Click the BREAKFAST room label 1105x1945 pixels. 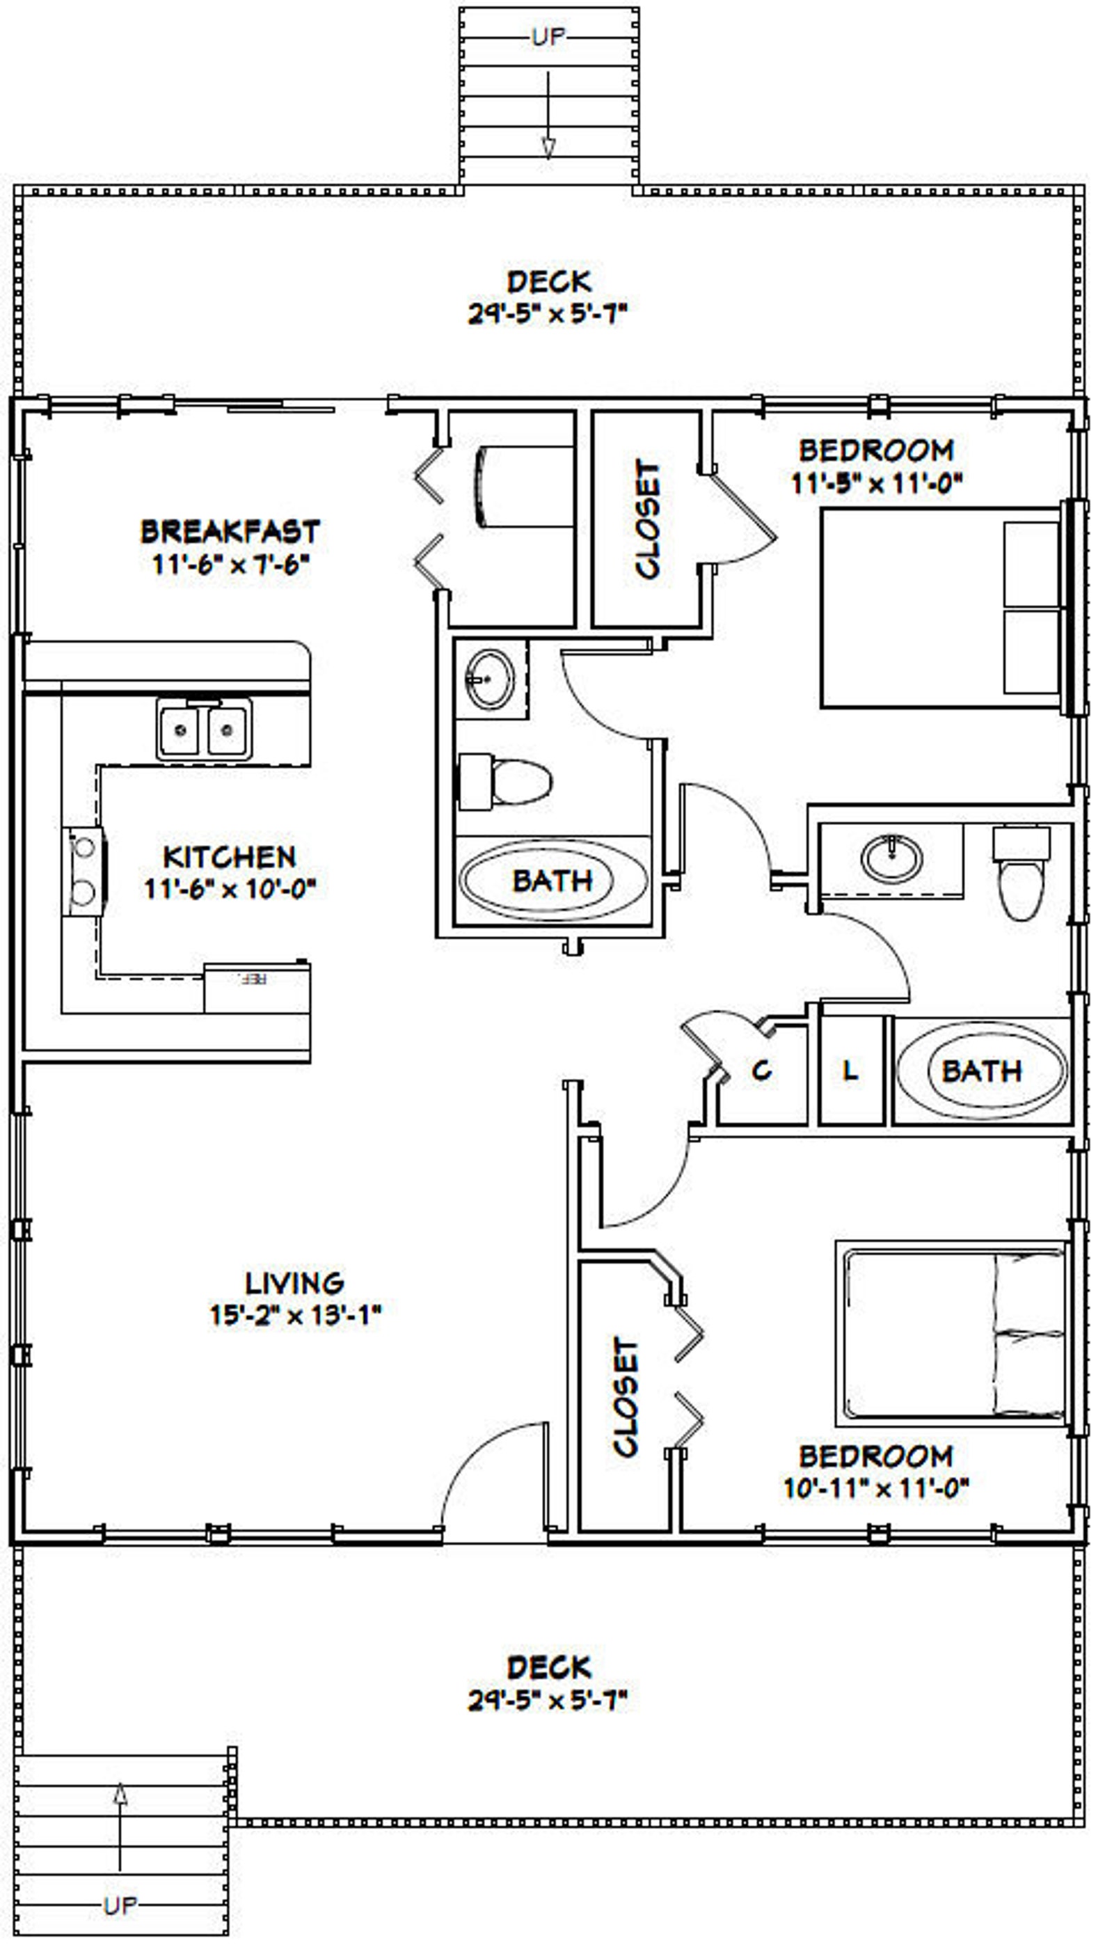pyautogui.click(x=230, y=531)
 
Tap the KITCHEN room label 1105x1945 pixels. pyautogui.click(x=229, y=857)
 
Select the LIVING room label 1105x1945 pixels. pyautogui.click(x=294, y=1283)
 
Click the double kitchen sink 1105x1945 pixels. pyautogui.click(x=204, y=729)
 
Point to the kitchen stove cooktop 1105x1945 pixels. pyautogui.click(x=84, y=872)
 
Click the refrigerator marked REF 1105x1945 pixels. pyautogui.click(x=257, y=987)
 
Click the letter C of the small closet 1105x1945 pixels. pyautogui.click(x=761, y=1071)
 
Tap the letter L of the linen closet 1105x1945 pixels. pyautogui.click(x=851, y=1071)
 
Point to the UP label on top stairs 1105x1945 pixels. pyautogui.click(x=548, y=37)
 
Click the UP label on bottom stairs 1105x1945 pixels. pyautogui.click(x=120, y=1905)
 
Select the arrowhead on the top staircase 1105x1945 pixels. pyautogui.click(x=548, y=148)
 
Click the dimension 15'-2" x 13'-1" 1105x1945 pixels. pyautogui.click(x=294, y=1315)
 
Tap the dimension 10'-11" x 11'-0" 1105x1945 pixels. pyautogui.click(x=876, y=1488)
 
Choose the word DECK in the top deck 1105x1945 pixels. pyautogui.click(x=548, y=282)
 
